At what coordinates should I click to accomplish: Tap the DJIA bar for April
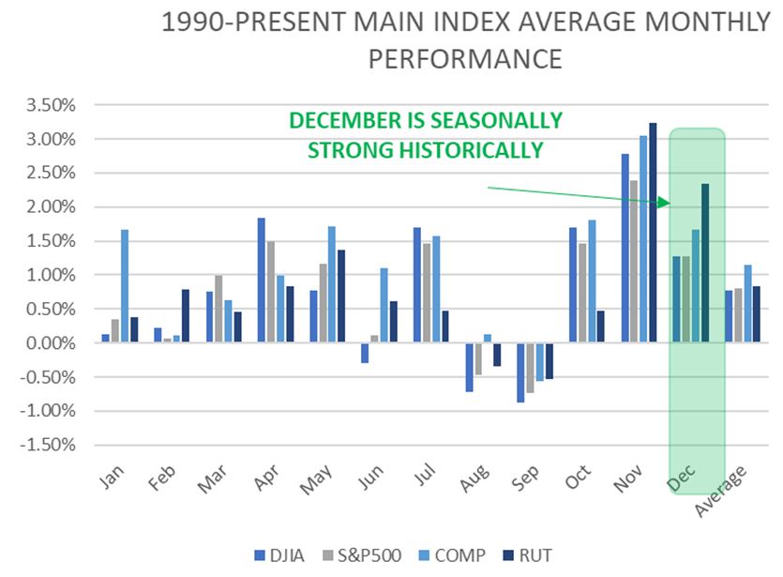click(261, 281)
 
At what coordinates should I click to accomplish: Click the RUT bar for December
click(705, 263)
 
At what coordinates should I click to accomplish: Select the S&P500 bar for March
click(218, 309)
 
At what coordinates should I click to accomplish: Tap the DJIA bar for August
click(468, 367)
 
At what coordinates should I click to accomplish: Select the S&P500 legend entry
click(360, 555)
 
